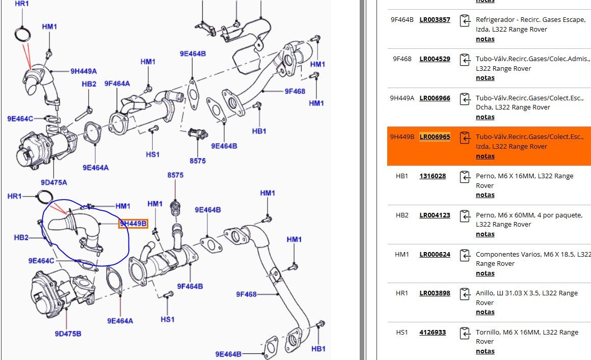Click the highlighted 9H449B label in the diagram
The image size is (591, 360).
(x=133, y=223)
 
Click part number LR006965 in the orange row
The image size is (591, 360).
(x=435, y=137)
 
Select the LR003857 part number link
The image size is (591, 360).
(x=435, y=20)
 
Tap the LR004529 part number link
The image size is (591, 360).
(x=435, y=59)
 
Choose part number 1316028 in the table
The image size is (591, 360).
(x=433, y=176)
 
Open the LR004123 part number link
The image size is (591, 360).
(x=435, y=215)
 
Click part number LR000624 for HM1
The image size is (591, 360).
(x=435, y=254)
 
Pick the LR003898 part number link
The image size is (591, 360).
(x=435, y=293)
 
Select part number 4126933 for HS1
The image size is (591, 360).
(x=433, y=333)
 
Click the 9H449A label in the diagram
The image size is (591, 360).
(x=84, y=71)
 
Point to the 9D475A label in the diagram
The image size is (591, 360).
(x=54, y=182)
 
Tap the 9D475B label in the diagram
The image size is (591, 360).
(x=68, y=334)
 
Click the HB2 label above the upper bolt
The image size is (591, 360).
(x=89, y=84)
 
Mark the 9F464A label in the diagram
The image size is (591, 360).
(x=117, y=84)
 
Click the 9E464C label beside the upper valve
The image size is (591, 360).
(x=20, y=119)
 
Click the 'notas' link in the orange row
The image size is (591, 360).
(x=485, y=156)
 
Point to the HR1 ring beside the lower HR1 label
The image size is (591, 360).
(x=45, y=197)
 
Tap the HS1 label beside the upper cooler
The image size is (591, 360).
(x=153, y=154)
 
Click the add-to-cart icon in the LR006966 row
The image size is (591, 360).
(x=465, y=99)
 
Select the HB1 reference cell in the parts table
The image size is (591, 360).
(x=402, y=176)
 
